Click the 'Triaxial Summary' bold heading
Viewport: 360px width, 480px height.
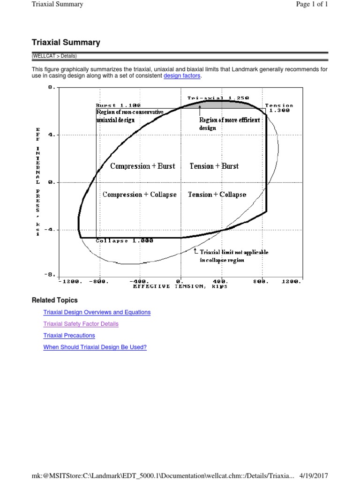click(66, 43)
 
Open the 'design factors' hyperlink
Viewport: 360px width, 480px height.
click(182, 76)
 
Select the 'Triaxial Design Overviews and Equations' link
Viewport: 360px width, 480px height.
click(97, 312)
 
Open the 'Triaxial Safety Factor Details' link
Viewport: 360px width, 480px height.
click(81, 324)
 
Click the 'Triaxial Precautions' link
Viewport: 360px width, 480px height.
click(69, 336)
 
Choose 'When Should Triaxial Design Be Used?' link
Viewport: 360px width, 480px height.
click(95, 347)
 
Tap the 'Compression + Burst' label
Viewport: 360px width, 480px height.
click(142, 166)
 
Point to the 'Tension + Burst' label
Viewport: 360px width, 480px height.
click(214, 166)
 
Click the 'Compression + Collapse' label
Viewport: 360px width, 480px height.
click(140, 195)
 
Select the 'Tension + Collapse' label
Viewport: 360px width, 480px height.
click(217, 195)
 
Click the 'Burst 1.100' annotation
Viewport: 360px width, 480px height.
click(118, 106)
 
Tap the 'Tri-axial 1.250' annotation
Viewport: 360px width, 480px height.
click(218, 98)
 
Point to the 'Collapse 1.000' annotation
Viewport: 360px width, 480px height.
click(118, 241)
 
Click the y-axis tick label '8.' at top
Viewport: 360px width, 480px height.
click(52, 87)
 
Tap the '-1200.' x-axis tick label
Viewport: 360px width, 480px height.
click(71, 282)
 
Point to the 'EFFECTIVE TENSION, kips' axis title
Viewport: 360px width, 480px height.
click(180, 286)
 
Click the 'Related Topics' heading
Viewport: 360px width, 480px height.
click(54, 300)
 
